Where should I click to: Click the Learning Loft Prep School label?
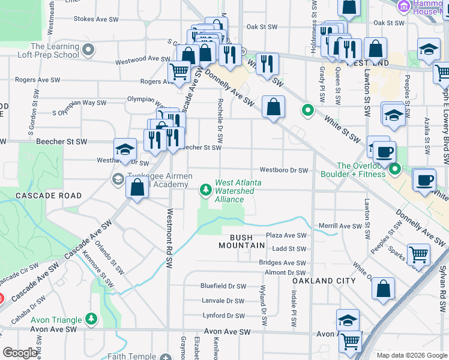click(x=55, y=50)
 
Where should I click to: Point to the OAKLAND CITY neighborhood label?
click(x=324, y=281)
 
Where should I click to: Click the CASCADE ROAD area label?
click(x=40, y=196)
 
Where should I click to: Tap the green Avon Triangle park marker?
click(x=91, y=318)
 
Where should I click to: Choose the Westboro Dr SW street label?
click(x=283, y=170)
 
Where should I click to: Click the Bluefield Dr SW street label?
click(x=223, y=286)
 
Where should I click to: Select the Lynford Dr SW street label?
click(x=223, y=316)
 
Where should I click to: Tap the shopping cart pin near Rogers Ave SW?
click(x=179, y=73)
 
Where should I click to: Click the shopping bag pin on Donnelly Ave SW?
click(x=273, y=107)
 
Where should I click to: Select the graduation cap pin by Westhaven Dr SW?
click(x=125, y=149)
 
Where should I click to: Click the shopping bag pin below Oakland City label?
click(x=383, y=289)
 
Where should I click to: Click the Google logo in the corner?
click(x=20, y=353)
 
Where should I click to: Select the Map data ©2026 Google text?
click(x=411, y=355)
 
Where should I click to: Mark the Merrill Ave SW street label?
click(x=340, y=226)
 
